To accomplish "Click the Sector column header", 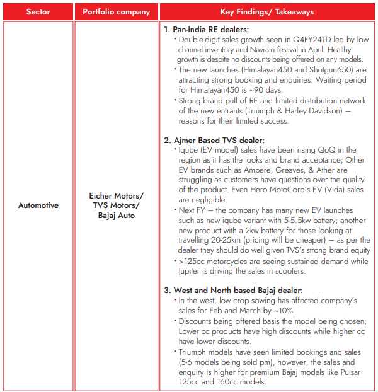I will tap(38, 12).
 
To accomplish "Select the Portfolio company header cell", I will tap(117, 12).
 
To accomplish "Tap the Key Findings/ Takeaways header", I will tap(267, 12).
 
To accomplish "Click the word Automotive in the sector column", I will tap(38, 205).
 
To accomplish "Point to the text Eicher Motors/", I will tap(117, 196).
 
